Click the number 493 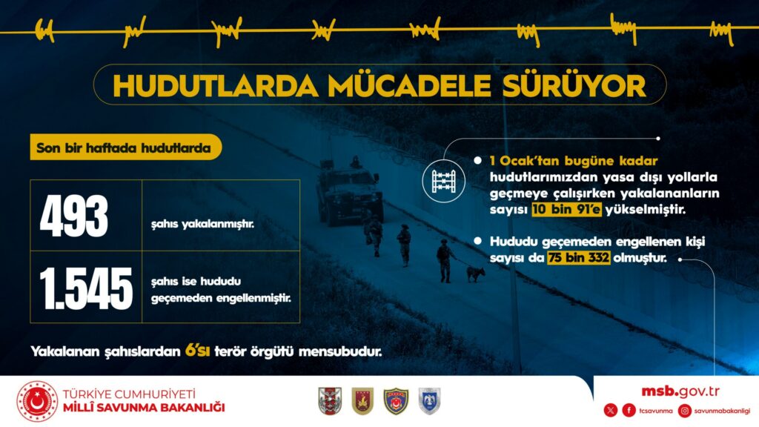pos(73,216)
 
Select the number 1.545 pos(86,288)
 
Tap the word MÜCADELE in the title pos(409,86)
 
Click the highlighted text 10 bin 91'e pos(566,210)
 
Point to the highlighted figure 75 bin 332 pos(579,257)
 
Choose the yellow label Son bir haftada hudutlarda pos(125,148)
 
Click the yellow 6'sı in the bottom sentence pos(197,350)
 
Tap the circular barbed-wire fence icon pos(443,181)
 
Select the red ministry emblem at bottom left pos(37,401)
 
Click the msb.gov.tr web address pos(680,391)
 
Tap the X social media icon pos(611,411)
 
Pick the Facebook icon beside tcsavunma pos(629,411)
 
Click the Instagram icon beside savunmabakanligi pos(684,411)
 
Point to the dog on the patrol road pos(475,273)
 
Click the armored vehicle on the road pos(348,191)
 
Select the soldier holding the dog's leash pos(445,260)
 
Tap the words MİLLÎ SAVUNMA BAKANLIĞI pos(144,408)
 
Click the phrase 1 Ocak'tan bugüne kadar pos(574,161)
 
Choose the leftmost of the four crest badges pos(330,401)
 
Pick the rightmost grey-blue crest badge pos(429,401)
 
